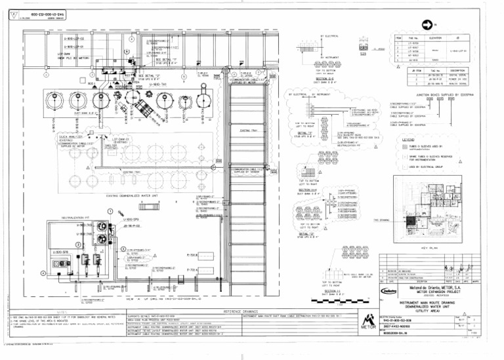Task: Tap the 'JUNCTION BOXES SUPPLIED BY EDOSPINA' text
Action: tap(438, 95)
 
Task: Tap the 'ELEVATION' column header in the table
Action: tap(433, 38)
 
